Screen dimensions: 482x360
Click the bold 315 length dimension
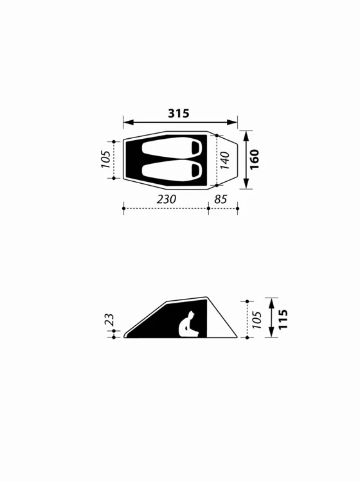[x=179, y=113]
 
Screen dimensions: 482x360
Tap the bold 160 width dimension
[x=255, y=159]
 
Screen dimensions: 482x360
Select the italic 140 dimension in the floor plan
[x=225, y=159]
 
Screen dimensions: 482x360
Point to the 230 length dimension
[x=166, y=199]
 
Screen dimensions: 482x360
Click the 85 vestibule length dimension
[x=221, y=199]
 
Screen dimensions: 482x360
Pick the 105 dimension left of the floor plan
[x=105, y=159]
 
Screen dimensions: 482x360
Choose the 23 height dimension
[x=109, y=319]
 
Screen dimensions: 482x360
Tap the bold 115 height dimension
[x=283, y=319]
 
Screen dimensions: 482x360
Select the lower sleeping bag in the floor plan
[x=171, y=170]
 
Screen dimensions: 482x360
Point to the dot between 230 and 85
[x=209, y=208]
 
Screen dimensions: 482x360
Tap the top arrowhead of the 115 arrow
[x=272, y=301]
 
